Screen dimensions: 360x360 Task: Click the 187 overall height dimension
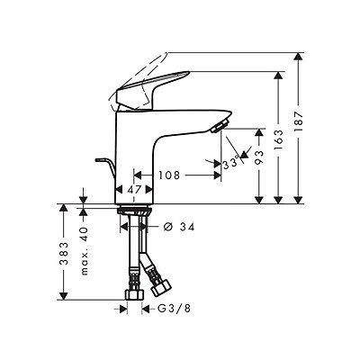[299, 121]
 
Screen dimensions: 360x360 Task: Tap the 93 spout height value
[259, 157]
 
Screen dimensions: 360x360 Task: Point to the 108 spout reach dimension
[169, 175]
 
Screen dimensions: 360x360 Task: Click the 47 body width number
[134, 190]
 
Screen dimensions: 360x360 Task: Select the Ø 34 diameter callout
[179, 227]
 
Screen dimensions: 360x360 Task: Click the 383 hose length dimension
[64, 253]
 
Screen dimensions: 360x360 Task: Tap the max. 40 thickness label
[85, 251]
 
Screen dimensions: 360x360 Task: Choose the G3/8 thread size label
[174, 309]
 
